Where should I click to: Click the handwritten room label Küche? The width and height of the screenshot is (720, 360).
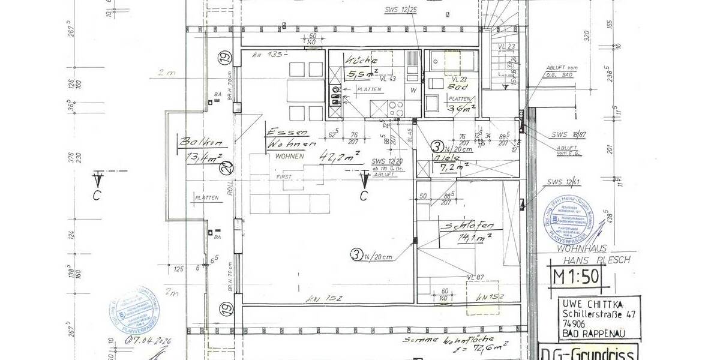pyautogui.click(x=361, y=61)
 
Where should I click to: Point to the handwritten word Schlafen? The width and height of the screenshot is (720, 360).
pyautogui.click(x=469, y=226)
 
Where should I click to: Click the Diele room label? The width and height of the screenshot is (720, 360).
pyautogui.click(x=447, y=157)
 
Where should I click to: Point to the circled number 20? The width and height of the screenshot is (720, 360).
pyautogui.click(x=226, y=170)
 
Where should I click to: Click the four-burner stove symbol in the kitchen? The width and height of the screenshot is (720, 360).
pyautogui.click(x=396, y=109)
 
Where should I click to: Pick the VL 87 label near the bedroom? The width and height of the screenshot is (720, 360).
pyautogui.click(x=475, y=277)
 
